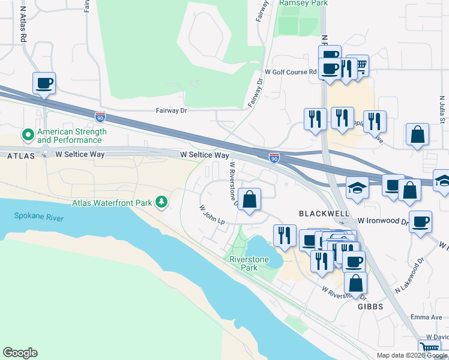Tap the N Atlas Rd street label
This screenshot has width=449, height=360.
point(23,24)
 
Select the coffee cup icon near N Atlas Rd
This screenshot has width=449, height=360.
point(44,83)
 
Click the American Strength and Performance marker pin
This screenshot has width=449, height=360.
point(27,136)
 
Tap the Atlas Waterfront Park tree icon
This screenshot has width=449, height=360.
point(161,203)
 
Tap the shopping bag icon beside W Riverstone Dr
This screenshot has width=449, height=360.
point(249,199)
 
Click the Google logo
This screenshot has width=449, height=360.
point(20,353)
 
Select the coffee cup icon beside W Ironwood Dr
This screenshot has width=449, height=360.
point(420,221)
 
